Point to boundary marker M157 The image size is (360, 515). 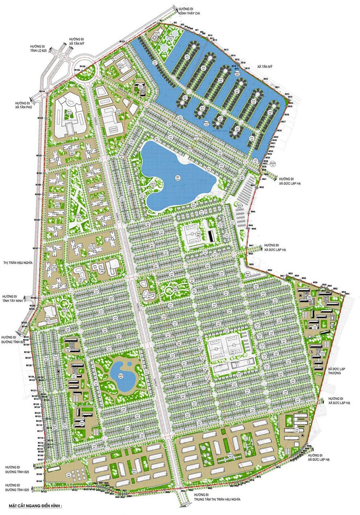[x=122, y=42]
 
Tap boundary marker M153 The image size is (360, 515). [x=40, y=118]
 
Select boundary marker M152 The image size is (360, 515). [x=39, y=155]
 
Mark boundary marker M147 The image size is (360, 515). [x=35, y=248]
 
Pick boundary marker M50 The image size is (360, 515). [x=269, y=271]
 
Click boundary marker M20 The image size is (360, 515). [x=265, y=79]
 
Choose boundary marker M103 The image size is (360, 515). [x=44, y=491]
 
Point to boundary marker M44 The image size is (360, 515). [x=253, y=211]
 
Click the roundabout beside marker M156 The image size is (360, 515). [x=85, y=71]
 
